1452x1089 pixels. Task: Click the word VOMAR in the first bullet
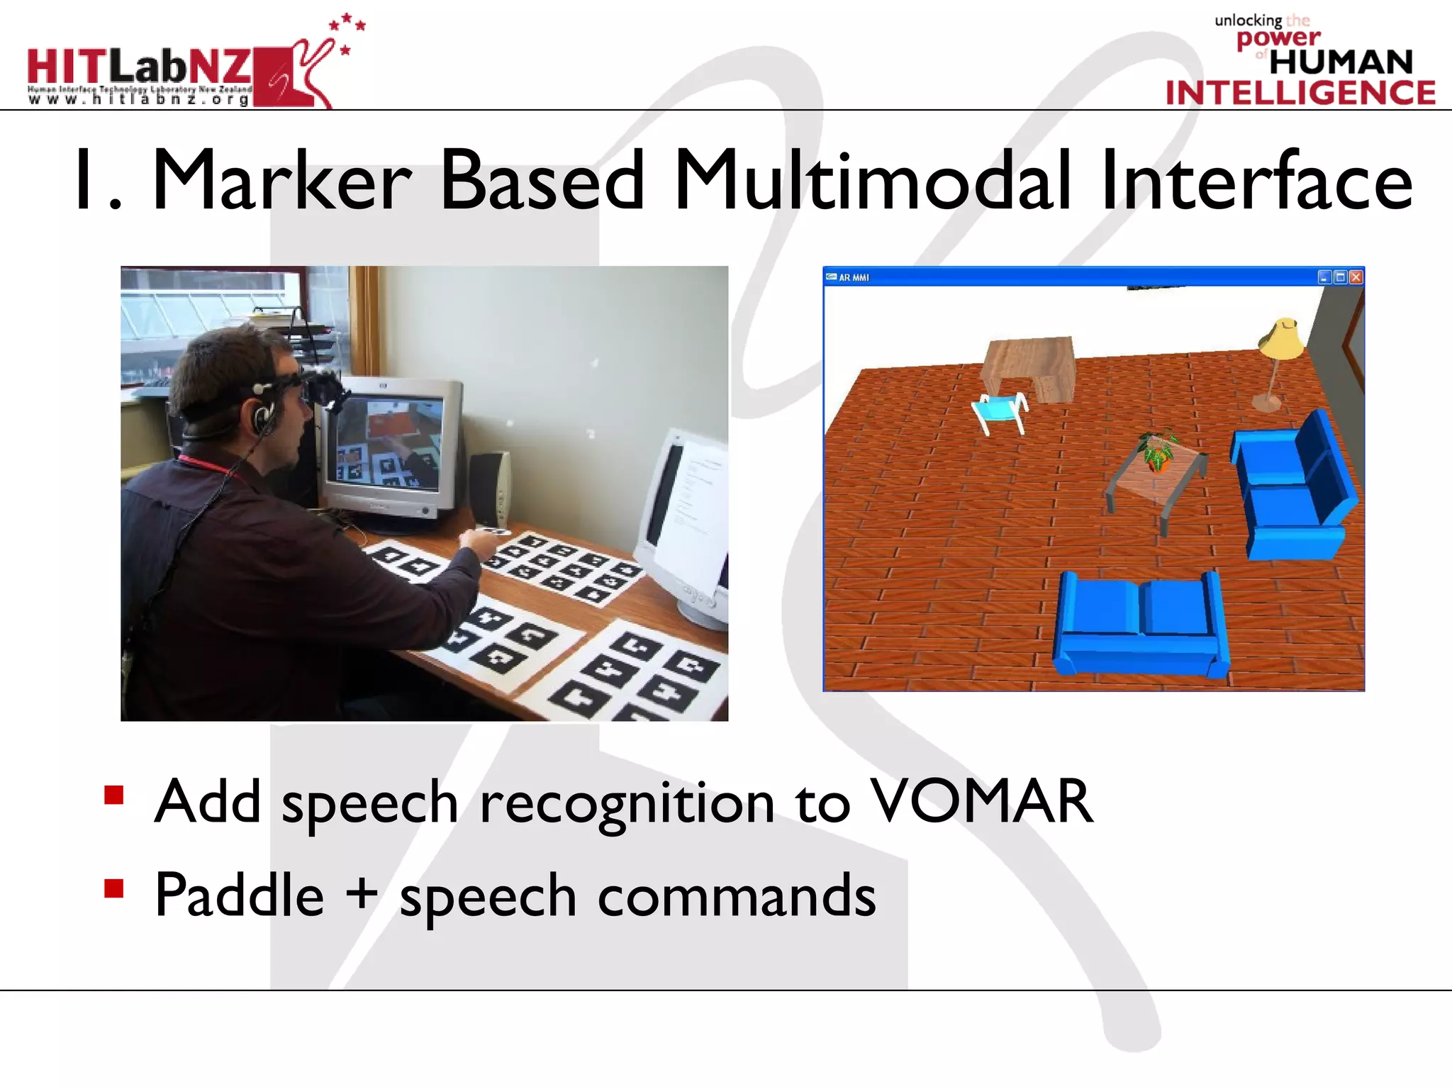click(981, 802)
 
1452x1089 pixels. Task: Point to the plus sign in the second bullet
click(362, 893)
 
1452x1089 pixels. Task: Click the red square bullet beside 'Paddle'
click(113, 888)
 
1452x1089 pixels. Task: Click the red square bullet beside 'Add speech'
click(113, 795)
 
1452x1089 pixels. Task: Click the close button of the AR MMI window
click(1356, 277)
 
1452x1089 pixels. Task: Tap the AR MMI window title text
click(854, 278)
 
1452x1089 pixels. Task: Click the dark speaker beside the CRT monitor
click(489, 489)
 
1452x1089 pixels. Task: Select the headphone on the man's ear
click(264, 415)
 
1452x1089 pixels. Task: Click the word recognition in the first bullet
click(627, 803)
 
